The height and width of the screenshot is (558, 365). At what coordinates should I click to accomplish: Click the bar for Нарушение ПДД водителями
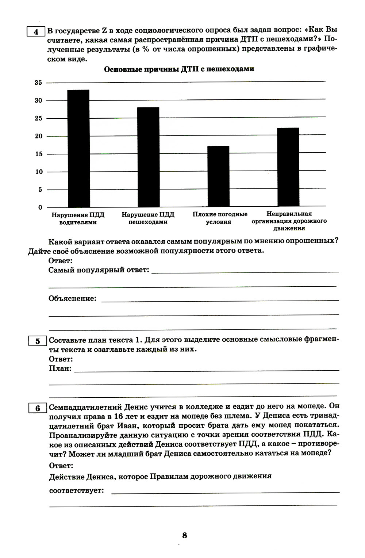79,148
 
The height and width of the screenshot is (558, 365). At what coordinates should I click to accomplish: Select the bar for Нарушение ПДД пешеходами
148,157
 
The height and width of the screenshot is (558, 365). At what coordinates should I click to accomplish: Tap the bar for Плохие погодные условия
218,176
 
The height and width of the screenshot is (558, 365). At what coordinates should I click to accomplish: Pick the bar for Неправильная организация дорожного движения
288,167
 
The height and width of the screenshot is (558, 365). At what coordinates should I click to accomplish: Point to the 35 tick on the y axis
38,83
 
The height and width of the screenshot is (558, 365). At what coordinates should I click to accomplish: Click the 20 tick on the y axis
38,136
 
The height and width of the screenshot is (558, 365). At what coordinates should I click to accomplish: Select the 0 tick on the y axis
40,207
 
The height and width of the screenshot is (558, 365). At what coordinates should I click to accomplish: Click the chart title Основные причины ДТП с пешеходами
179,69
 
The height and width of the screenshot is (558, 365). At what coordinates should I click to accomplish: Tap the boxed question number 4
36,32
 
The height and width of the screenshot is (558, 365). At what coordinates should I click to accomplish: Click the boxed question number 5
38,341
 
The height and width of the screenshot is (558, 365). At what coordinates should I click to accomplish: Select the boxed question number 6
38,408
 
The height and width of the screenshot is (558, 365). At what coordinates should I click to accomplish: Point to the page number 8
185,535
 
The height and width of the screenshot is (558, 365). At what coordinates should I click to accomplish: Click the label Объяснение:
73,298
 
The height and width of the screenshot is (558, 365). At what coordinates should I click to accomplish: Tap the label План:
60,368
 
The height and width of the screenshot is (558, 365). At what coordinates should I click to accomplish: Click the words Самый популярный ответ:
99,270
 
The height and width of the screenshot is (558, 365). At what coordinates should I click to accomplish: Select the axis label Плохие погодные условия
220,218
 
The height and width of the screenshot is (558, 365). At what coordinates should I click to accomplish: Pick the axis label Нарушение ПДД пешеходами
148,218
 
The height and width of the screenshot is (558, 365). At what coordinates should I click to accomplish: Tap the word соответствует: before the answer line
77,490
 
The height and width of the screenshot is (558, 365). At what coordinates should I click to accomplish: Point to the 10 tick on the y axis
38,172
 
